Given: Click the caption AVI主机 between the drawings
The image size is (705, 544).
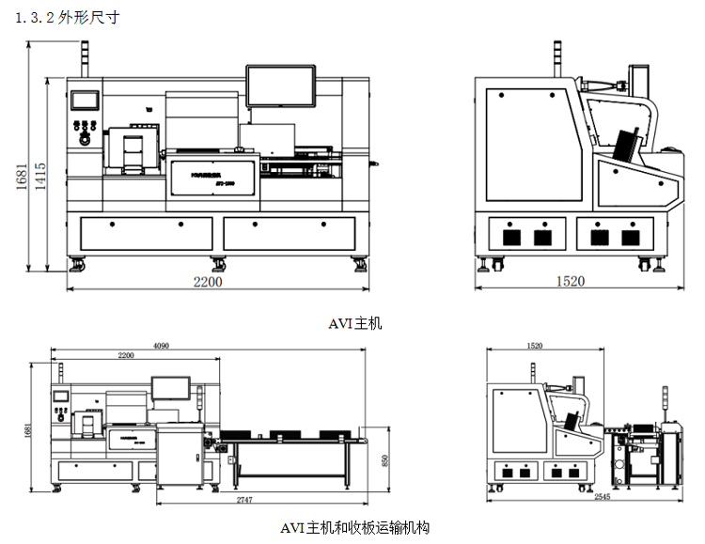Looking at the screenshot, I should pos(355,324).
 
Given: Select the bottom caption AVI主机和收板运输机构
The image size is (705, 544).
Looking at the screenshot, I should pos(355,527).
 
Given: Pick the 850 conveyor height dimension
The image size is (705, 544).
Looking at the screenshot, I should pos(384,460).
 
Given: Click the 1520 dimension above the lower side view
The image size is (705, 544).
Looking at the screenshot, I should pos(535,346).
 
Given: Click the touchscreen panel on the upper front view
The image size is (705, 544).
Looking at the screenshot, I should pos(86,100).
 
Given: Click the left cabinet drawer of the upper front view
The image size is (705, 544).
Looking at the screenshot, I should pos(147,233).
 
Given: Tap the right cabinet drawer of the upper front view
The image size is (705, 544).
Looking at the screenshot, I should pos(289,233).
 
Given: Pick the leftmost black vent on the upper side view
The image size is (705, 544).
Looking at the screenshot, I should pos(512,236).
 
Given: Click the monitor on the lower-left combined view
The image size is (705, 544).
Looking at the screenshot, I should pos(170,387).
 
